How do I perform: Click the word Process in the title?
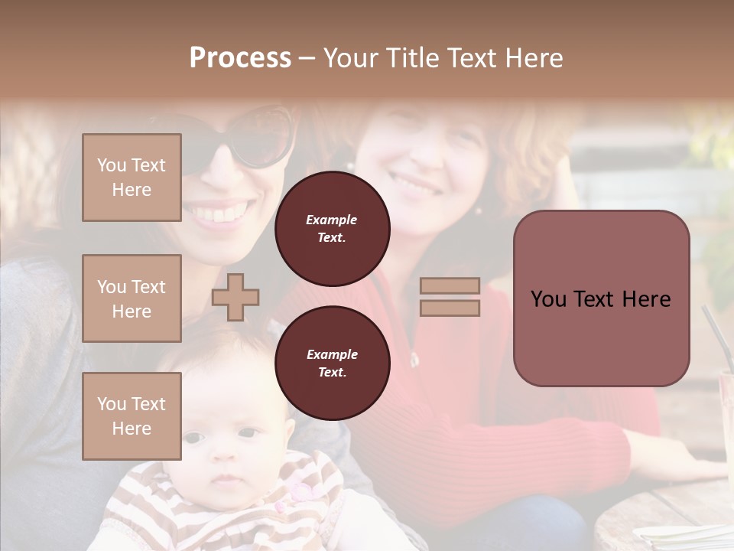point(240,58)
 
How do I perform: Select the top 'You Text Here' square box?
point(132,178)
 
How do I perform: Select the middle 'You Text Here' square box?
point(132,298)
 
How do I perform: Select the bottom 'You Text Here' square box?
point(132,416)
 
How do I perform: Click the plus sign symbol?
point(235,297)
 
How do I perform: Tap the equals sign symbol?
point(450,297)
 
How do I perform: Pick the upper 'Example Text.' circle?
point(332,229)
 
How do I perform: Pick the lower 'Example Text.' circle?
point(332,363)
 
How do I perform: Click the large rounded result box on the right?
point(601,298)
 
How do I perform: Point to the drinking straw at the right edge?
point(717,337)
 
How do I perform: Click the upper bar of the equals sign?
point(450,286)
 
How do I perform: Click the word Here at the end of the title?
point(533,58)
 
